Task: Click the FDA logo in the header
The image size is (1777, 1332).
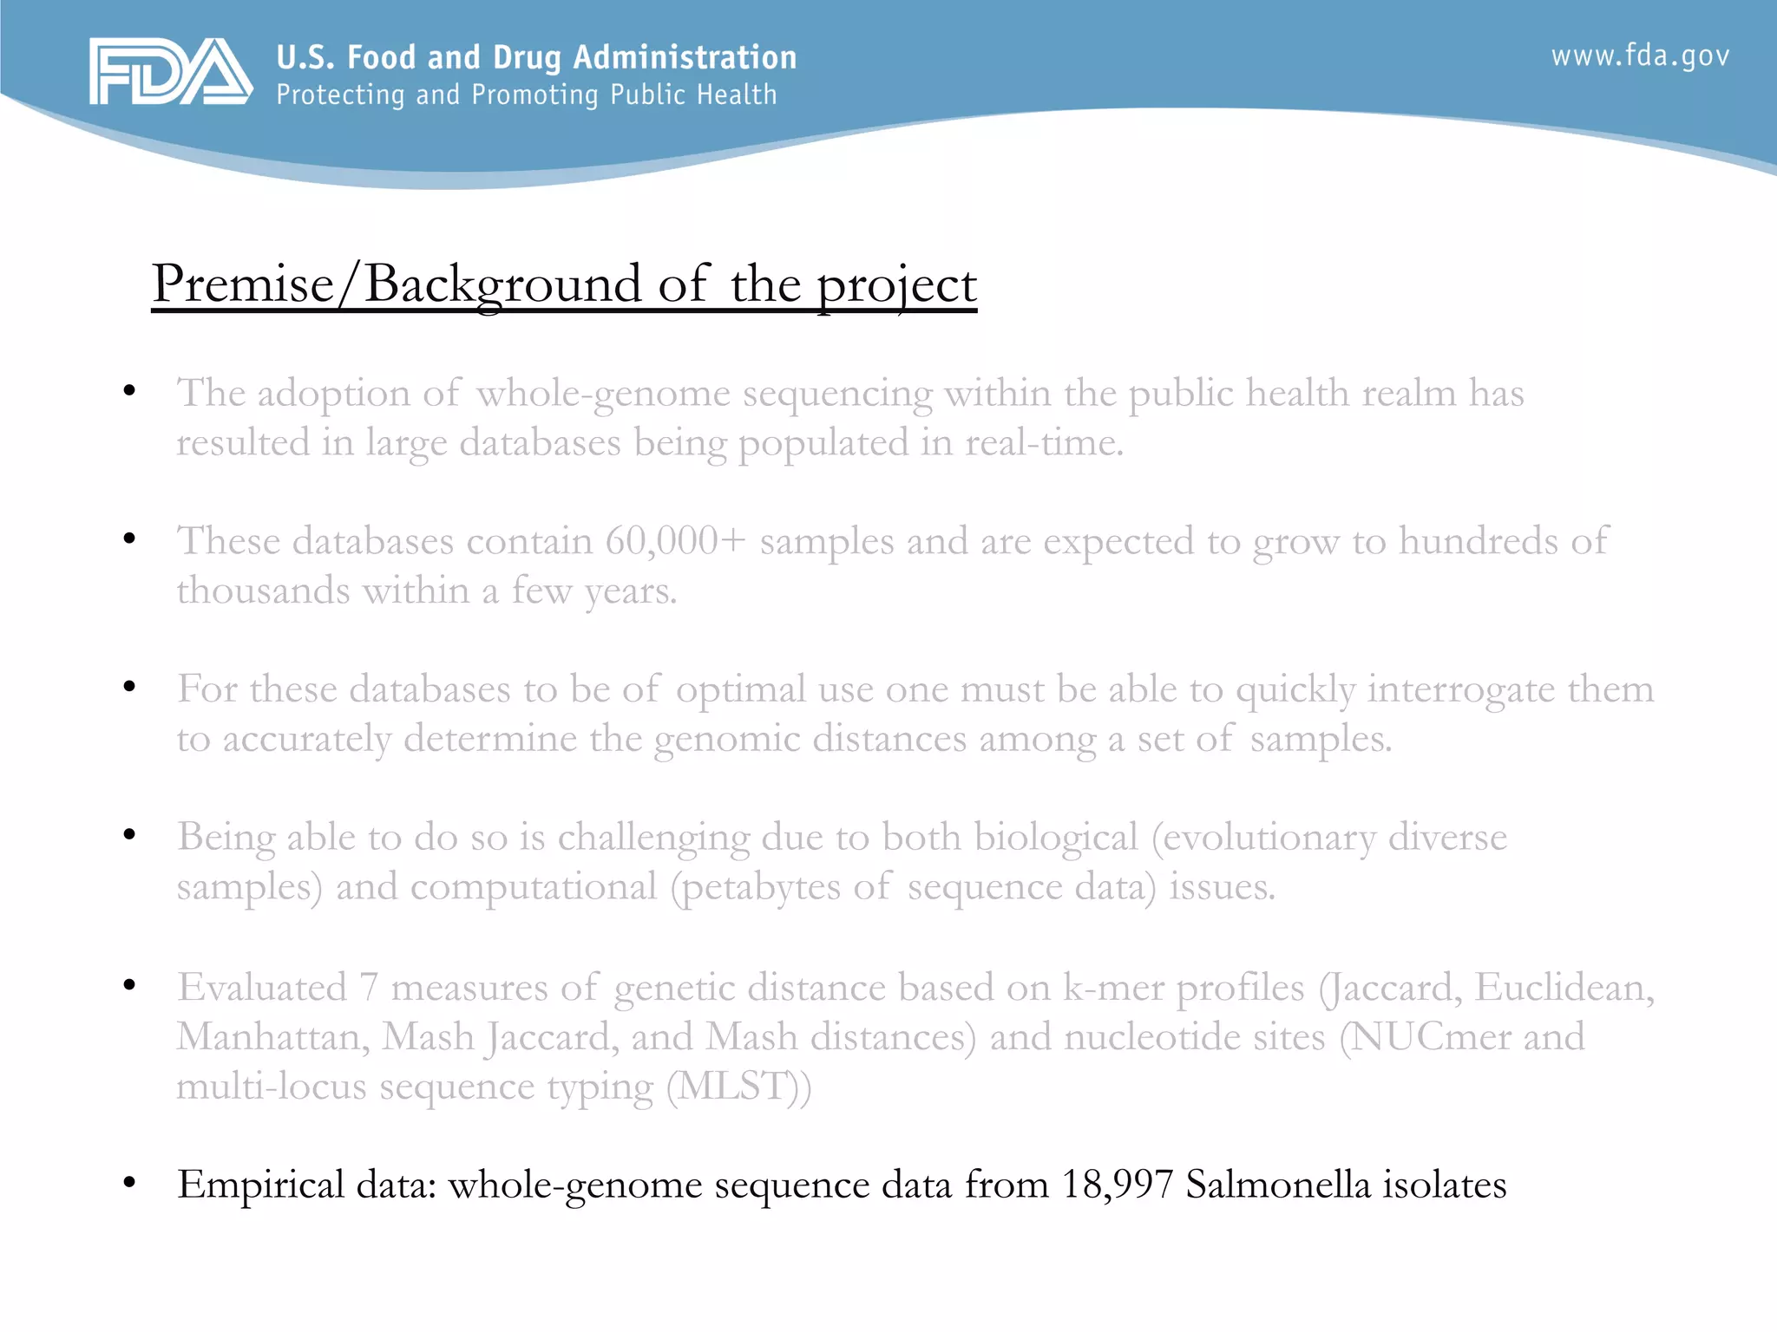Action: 170,72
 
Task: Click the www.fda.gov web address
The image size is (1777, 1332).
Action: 1640,56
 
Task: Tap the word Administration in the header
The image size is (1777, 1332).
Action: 685,57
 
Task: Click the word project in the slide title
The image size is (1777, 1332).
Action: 897,285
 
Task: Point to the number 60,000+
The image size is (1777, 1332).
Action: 675,541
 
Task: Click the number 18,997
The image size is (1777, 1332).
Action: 1117,1185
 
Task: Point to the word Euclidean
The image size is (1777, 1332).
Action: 1564,988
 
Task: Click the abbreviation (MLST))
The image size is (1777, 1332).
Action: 738,1087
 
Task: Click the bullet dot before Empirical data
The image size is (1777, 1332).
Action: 129,1182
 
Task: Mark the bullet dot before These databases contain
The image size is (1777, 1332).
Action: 129,539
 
